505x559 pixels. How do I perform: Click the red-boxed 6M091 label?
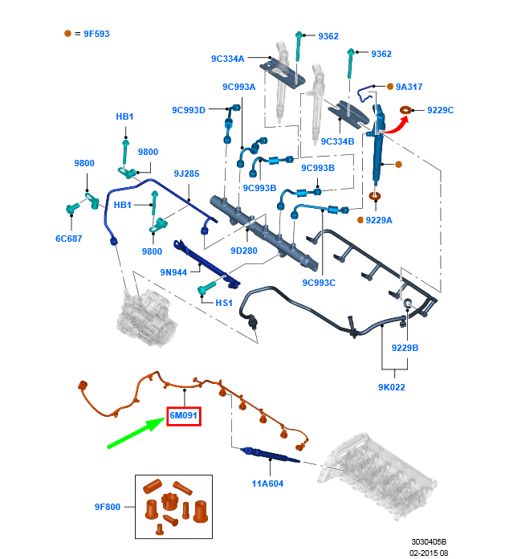point(184,416)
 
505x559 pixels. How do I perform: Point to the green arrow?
point(136,432)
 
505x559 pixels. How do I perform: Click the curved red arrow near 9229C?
point(396,125)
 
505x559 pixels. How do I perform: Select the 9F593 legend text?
point(96,34)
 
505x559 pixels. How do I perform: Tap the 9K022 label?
point(392,387)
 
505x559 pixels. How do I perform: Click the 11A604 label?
point(267,484)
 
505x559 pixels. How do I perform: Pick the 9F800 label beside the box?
point(108,507)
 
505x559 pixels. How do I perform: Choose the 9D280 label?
point(244,251)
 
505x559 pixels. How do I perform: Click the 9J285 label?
point(186,173)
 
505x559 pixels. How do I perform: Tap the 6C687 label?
point(69,239)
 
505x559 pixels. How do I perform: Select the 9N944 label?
point(173,272)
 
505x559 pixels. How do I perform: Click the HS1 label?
point(224,303)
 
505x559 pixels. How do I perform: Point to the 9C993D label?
point(189,110)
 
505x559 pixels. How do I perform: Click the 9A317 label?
point(409,87)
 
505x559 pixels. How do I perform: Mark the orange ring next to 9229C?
point(405,110)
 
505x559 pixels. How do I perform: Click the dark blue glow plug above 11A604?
point(270,455)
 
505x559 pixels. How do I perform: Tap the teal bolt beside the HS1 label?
point(207,288)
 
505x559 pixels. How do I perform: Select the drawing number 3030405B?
point(429,542)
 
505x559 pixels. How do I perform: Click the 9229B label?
point(405,348)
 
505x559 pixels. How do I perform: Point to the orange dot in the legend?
point(67,34)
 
